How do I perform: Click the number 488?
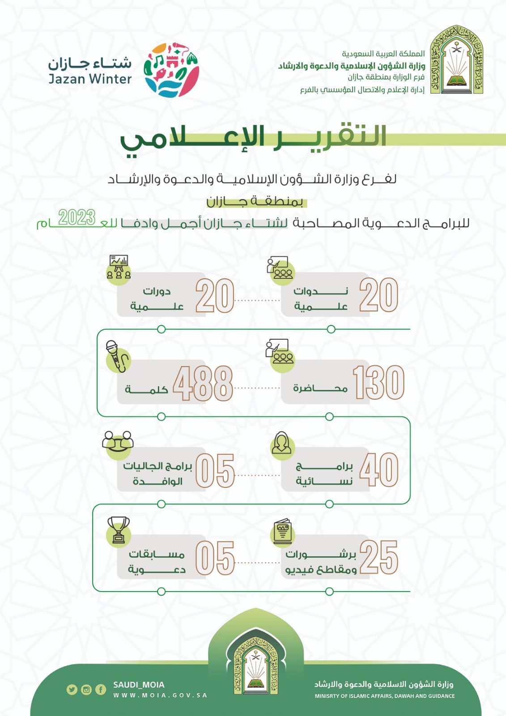[x=203, y=384]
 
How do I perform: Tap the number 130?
[x=378, y=383]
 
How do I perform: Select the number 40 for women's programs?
[x=378, y=470]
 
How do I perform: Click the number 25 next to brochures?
[x=378, y=557]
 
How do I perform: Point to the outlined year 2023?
[x=77, y=217]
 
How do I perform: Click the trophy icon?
[x=119, y=530]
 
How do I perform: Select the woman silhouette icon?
[x=282, y=443]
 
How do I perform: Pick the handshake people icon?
[x=118, y=443]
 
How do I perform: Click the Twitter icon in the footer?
[x=72, y=690]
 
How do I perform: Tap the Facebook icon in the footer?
[x=101, y=690]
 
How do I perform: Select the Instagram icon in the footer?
[x=86, y=690]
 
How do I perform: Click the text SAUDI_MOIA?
[x=139, y=685]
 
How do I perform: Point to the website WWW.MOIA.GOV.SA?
[x=160, y=695]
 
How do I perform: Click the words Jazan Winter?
[x=90, y=79]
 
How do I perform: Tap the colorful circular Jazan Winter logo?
[x=171, y=70]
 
